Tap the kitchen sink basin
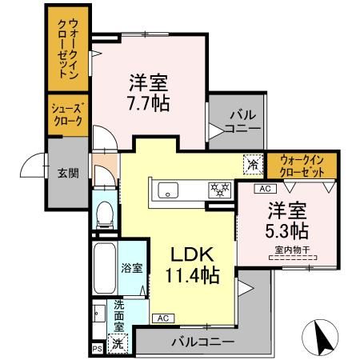click(x=169, y=190)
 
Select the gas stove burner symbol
click(x=218, y=190)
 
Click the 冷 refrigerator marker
click(x=252, y=165)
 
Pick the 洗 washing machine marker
click(x=117, y=344)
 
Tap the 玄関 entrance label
click(x=67, y=172)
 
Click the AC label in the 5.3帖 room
click(x=263, y=189)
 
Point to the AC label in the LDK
click(x=162, y=318)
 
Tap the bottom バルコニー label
click(x=203, y=342)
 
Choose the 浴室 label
click(x=132, y=268)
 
